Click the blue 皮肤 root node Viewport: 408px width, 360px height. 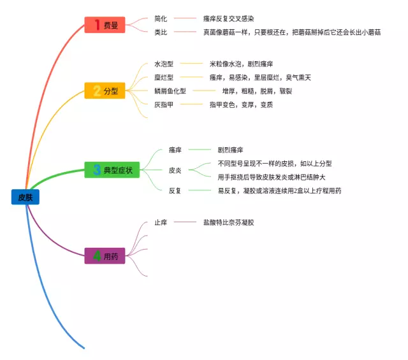tap(25, 197)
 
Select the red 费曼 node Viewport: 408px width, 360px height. tap(106, 25)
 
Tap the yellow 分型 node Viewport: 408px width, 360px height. tap(105, 90)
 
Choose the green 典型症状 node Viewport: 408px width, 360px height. tap(112, 169)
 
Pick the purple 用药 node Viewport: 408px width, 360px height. tap(106, 256)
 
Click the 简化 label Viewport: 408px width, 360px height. tap(161, 18)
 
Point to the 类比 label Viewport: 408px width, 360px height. tap(161, 31)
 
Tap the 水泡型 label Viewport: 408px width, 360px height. tap(164, 64)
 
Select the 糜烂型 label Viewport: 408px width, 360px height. tap(164, 77)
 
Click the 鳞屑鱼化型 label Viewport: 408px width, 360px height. tap(170, 90)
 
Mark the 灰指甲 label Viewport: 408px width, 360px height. tap(164, 104)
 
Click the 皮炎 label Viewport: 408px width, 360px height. tap(175, 170)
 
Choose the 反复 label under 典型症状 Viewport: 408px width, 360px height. tap(175, 191)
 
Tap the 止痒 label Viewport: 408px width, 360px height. tap(161, 222)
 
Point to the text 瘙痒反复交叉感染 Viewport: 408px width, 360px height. tap(233, 18)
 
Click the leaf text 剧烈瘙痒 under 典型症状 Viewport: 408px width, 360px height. tap(230, 150)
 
